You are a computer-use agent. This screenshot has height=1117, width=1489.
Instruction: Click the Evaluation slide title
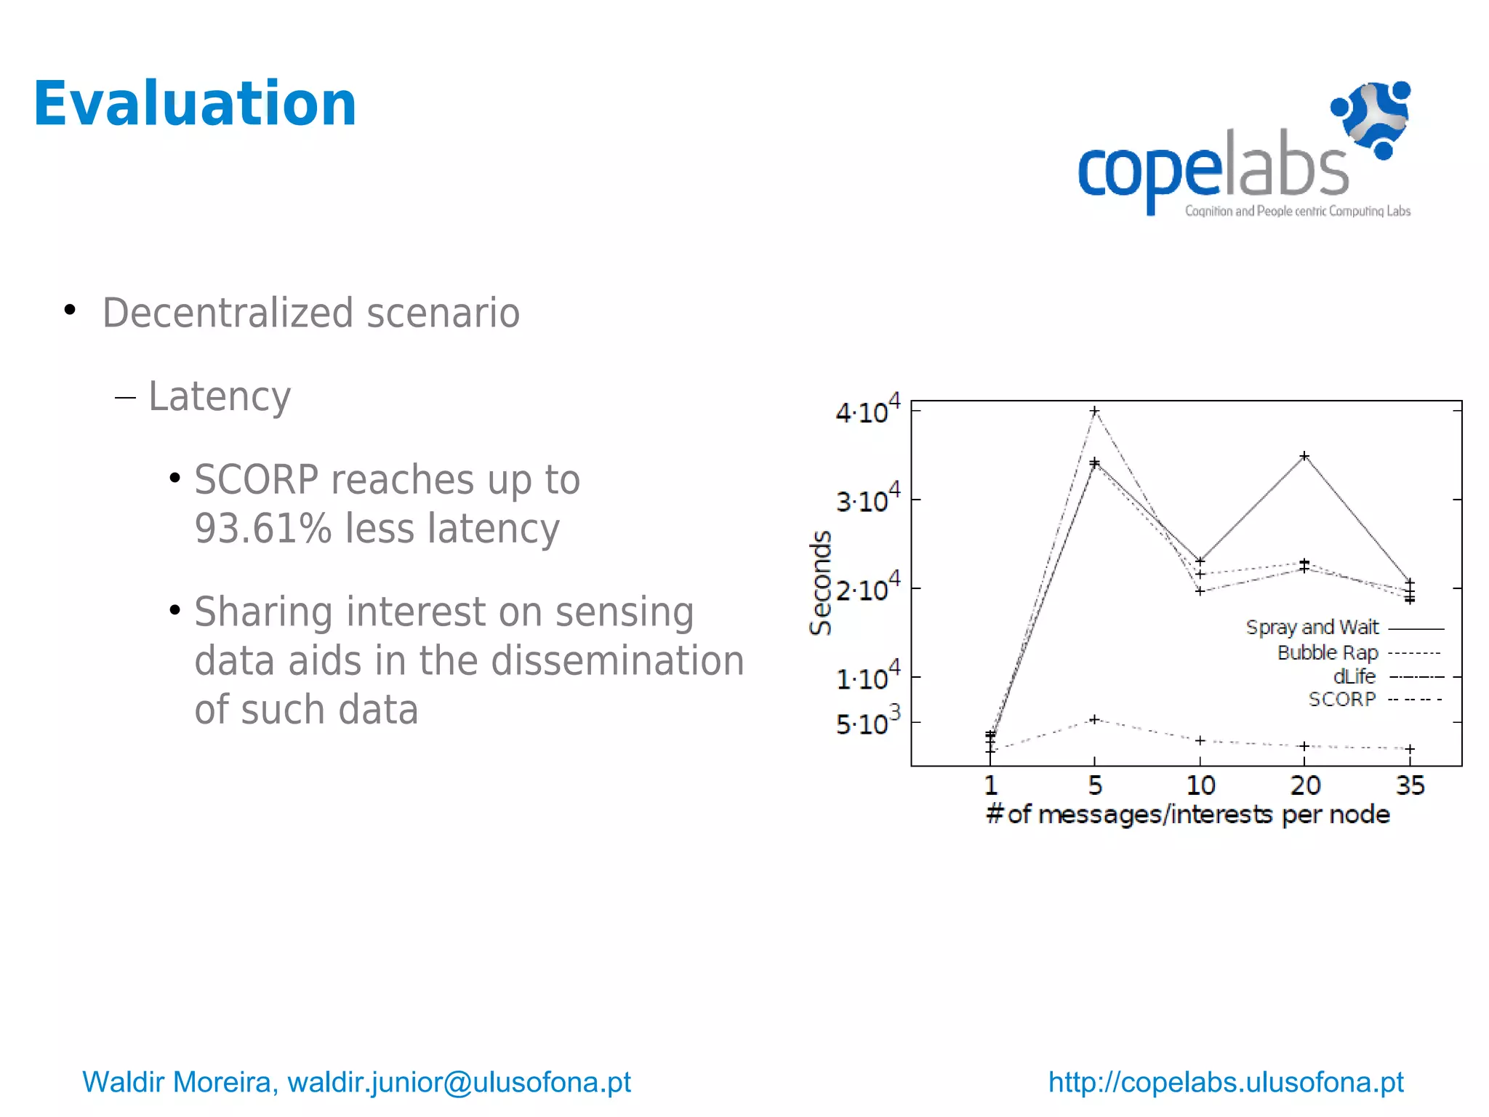click(x=195, y=104)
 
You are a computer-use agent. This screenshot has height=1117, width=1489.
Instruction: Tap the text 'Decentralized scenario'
click(x=311, y=313)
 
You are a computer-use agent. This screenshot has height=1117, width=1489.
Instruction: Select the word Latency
click(x=220, y=396)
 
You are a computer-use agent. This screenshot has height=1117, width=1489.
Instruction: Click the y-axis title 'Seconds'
click(x=821, y=582)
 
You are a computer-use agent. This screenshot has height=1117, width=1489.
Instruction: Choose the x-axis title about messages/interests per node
click(x=1187, y=814)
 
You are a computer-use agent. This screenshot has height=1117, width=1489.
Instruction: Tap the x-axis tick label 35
click(x=1410, y=785)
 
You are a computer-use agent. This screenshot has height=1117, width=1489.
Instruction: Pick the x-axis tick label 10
click(x=1200, y=785)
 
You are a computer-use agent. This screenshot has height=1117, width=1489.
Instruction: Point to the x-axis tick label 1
click(x=990, y=785)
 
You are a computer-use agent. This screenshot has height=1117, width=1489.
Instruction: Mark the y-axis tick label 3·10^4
click(x=867, y=500)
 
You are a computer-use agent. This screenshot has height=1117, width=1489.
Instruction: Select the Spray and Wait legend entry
click(x=1312, y=627)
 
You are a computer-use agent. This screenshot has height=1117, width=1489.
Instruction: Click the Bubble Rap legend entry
click(x=1328, y=652)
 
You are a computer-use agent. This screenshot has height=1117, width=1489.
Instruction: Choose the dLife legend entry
click(x=1354, y=676)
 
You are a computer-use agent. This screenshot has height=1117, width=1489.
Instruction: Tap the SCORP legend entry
click(x=1342, y=700)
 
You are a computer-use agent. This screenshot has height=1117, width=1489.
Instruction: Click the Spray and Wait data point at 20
click(x=1304, y=456)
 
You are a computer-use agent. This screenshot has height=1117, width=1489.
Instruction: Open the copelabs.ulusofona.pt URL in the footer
click(x=1226, y=1082)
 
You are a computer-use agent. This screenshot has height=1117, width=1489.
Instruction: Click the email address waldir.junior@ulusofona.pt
click(x=459, y=1082)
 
